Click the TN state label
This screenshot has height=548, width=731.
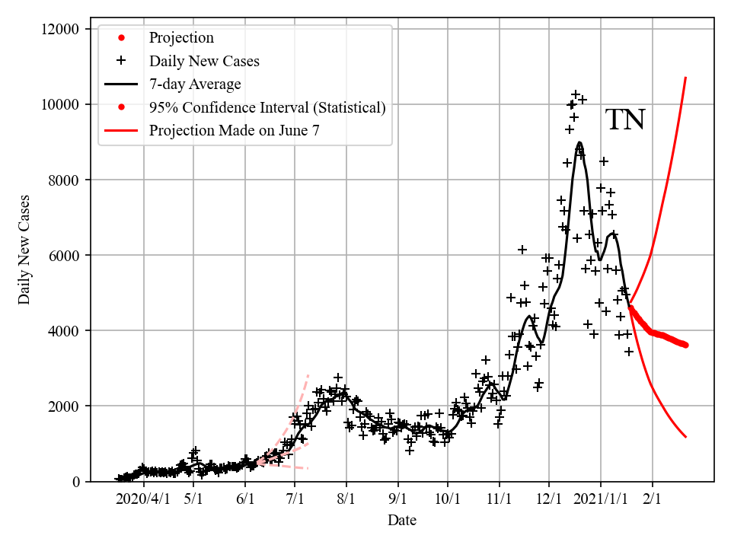625,120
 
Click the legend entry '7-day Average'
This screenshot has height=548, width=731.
195,84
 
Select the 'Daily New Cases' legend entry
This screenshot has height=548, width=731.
204,61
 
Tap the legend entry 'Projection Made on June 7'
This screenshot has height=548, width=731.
235,130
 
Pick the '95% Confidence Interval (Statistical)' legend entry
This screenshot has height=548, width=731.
267,107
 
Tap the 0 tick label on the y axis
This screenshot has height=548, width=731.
76,481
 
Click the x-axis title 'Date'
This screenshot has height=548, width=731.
401,521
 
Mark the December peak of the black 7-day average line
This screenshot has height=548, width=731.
579,142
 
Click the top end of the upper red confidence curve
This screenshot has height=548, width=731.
686,78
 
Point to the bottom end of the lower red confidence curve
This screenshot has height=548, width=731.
686,437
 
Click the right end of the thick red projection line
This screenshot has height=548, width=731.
686,345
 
